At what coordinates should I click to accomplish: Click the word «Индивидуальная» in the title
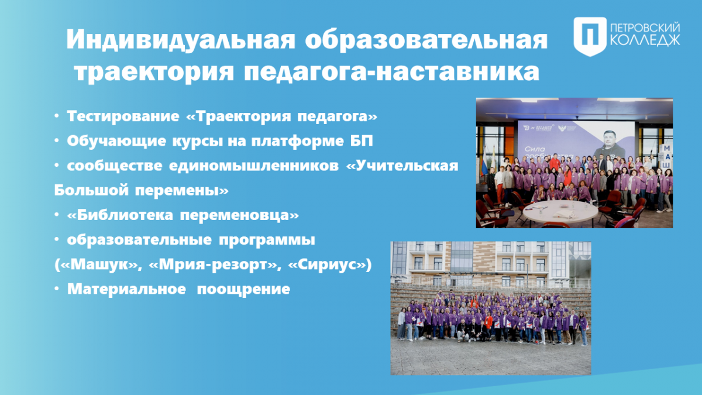tap(181, 40)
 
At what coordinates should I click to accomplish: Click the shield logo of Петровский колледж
tap(590, 36)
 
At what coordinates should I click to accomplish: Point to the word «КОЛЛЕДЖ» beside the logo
tap(645, 41)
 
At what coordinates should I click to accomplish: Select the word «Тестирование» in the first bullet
tap(123, 116)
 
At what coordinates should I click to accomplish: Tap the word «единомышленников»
tap(254, 166)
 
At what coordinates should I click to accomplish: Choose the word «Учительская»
tap(402, 166)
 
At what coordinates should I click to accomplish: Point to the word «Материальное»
tap(126, 289)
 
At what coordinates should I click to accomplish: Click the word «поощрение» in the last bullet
tap(243, 289)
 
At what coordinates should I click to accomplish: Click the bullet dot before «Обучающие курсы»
tap(57, 141)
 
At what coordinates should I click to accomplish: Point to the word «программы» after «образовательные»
tap(267, 240)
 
